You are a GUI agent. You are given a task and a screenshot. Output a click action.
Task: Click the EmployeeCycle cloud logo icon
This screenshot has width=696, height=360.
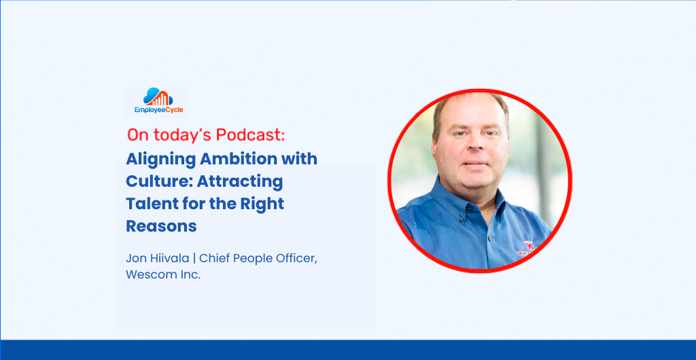pyautogui.click(x=158, y=96)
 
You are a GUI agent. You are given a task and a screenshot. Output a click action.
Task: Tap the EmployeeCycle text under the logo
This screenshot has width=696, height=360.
pyautogui.click(x=158, y=110)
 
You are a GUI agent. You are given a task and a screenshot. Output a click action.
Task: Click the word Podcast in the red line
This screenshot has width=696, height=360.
pyautogui.click(x=250, y=135)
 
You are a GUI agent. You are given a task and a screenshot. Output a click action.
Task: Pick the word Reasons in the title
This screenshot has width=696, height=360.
pyautogui.click(x=161, y=227)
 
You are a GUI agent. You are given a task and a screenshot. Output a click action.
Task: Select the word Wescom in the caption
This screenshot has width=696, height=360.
pyautogui.click(x=147, y=275)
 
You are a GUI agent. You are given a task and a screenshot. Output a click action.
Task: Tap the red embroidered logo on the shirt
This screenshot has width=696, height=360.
pyautogui.click(x=527, y=249)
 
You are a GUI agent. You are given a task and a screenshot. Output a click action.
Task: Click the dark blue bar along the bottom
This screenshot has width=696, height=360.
pyautogui.click(x=348, y=350)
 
